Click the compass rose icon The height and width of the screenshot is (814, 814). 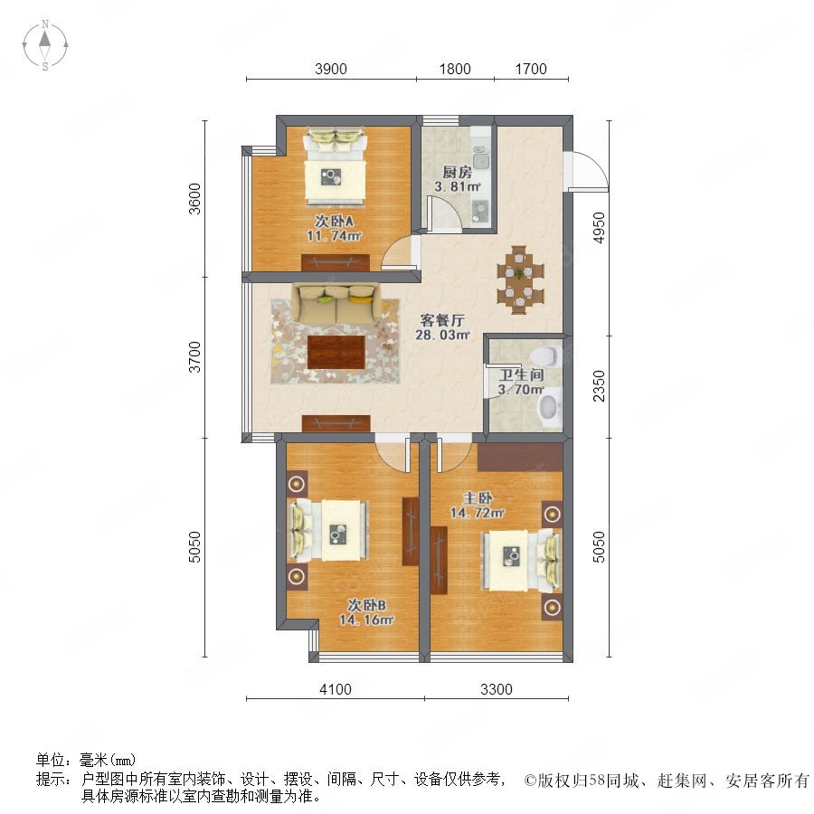click(45, 45)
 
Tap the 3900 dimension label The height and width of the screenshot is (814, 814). click(331, 69)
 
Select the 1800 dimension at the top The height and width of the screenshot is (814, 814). click(455, 69)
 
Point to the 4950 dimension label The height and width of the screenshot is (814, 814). click(599, 227)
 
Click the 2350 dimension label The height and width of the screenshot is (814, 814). click(599, 385)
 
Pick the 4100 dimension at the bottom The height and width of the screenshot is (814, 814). click(336, 689)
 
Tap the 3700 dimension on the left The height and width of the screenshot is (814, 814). click(194, 356)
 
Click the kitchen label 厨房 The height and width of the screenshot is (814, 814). click(457, 173)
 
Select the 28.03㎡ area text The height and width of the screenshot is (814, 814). click(442, 335)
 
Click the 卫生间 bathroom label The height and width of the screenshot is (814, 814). click(521, 374)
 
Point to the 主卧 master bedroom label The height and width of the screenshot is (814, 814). click(478, 498)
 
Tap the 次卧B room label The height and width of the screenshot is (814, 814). click(366, 605)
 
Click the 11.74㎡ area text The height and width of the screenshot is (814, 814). click(334, 236)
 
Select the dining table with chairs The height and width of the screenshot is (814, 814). click(521, 279)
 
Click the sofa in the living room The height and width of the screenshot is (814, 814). click(336, 303)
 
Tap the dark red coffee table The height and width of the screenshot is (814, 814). click(336, 352)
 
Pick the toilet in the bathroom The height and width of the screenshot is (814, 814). click(545, 356)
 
